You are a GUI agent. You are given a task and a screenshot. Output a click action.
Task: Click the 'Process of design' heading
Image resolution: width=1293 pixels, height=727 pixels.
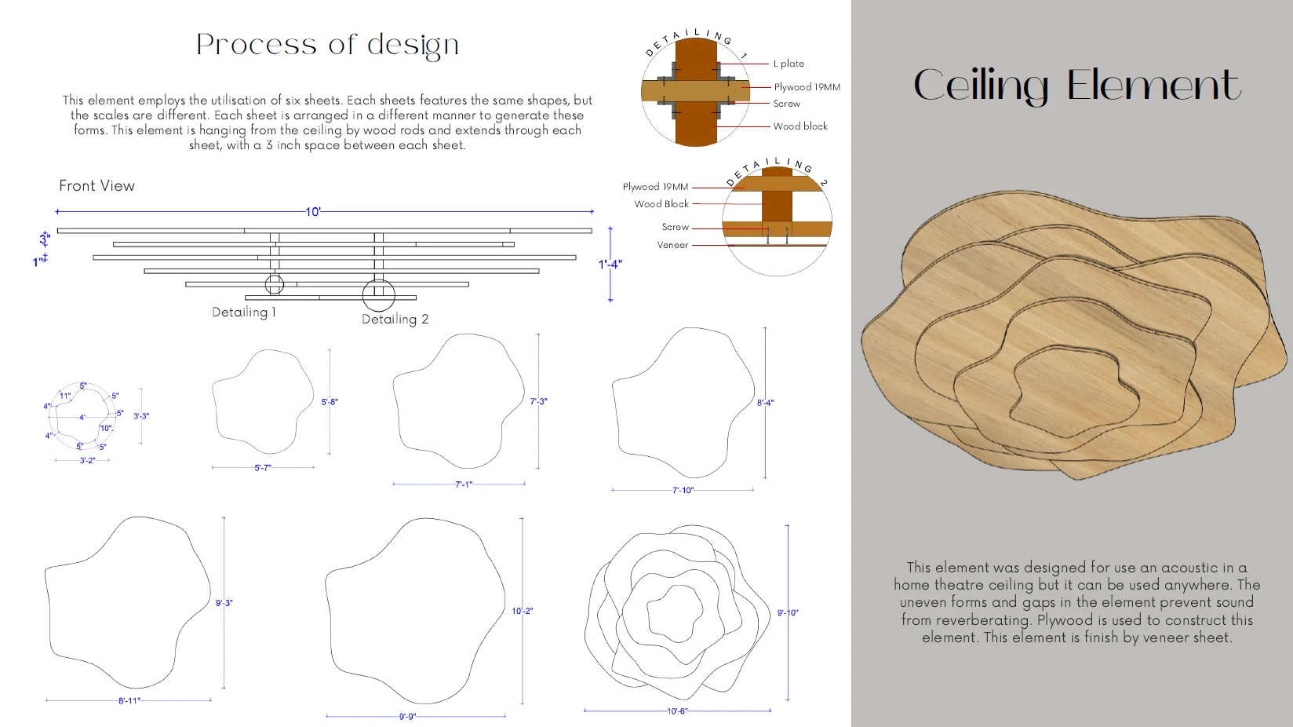[x=327, y=45]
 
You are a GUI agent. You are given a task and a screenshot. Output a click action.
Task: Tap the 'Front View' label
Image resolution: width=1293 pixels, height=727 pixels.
[x=97, y=186]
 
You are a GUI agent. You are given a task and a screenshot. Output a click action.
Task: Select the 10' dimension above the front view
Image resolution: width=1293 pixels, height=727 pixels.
[x=313, y=212]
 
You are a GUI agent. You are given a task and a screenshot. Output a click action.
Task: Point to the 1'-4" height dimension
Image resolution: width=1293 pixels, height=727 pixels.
[x=610, y=265]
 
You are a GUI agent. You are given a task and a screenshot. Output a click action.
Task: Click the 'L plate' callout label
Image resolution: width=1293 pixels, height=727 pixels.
[x=789, y=64]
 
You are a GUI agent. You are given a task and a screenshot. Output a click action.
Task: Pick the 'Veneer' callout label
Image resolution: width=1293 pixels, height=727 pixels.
[x=672, y=245]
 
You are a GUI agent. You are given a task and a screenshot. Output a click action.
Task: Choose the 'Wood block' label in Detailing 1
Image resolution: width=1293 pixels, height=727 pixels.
[x=800, y=126]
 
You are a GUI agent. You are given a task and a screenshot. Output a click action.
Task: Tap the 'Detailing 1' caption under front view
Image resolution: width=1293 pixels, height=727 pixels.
[x=243, y=312]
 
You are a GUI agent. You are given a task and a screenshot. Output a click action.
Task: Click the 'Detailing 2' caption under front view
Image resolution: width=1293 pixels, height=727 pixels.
[x=395, y=320]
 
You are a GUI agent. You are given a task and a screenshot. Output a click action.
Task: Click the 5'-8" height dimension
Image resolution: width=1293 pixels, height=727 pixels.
[x=330, y=402]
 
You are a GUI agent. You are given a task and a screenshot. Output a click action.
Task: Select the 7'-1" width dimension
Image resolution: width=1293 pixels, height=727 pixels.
[x=464, y=484]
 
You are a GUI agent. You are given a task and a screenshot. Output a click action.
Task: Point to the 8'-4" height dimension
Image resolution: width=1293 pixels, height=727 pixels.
[x=766, y=403]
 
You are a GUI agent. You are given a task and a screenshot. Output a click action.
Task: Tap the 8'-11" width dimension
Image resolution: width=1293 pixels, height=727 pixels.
[x=129, y=701]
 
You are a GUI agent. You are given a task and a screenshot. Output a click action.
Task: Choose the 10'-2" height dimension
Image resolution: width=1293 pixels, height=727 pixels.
[x=523, y=611]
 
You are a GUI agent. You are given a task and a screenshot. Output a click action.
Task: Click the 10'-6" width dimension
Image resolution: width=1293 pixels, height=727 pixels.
[x=677, y=711]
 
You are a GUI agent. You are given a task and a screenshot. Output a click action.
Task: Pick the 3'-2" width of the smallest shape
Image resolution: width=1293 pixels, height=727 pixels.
[x=87, y=461]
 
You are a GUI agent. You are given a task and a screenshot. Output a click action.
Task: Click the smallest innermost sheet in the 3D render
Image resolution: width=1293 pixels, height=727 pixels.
[x=1074, y=391]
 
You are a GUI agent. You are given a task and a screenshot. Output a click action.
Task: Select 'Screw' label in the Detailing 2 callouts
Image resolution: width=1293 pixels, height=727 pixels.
[x=676, y=227]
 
